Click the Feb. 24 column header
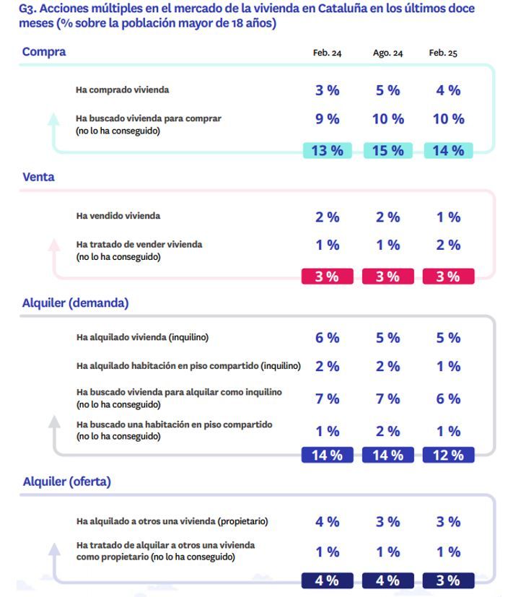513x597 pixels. coord(327,53)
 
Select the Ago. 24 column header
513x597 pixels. coord(387,53)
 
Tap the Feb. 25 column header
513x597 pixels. coord(443,53)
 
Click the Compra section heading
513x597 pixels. coord(43,52)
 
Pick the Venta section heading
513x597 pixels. coord(38,177)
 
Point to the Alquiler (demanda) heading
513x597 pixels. coord(75,303)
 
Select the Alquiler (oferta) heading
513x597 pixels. coord(66,481)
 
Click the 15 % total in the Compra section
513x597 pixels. coord(387,150)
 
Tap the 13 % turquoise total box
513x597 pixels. coord(327,150)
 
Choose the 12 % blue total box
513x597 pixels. coord(448,455)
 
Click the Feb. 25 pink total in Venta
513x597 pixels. coord(448,276)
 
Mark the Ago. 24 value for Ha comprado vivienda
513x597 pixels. coord(387,90)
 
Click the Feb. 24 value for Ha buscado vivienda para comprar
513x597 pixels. coord(327,119)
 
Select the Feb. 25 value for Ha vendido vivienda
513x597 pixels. coord(448,217)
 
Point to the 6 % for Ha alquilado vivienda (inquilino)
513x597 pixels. coord(327,338)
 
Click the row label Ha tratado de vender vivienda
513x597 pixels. coord(139,245)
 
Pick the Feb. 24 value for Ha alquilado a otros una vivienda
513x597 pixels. coord(327,521)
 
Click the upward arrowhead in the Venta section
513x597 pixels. coord(54,245)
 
